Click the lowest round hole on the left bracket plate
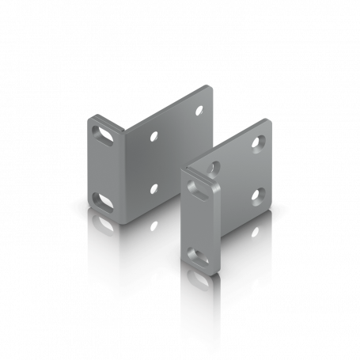point(153,189)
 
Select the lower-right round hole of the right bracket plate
point(257,195)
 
